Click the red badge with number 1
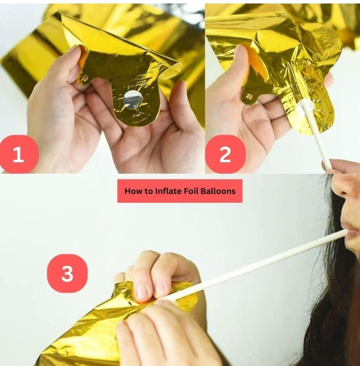tap(18, 154)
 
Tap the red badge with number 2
tap(225, 154)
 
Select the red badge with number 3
tap(67, 273)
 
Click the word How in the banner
tap(133, 191)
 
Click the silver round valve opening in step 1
tap(133, 99)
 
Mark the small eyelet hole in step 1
tap(85, 78)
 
